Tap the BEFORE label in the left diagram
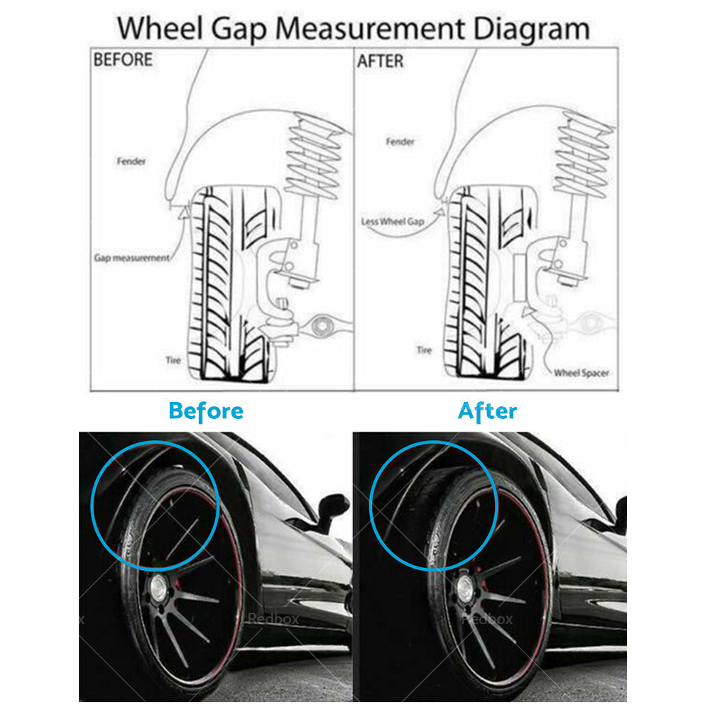pyautogui.click(x=123, y=60)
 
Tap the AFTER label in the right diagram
pyautogui.click(x=380, y=62)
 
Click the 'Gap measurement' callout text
pyautogui.click(x=132, y=258)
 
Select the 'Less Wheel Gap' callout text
pyautogui.click(x=393, y=222)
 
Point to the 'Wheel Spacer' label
pyautogui.click(x=581, y=372)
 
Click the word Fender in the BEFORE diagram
pyautogui.click(x=131, y=161)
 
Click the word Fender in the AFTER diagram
pyautogui.click(x=400, y=142)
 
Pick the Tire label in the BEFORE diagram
pyautogui.click(x=173, y=360)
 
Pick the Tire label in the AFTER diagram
pyautogui.click(x=424, y=350)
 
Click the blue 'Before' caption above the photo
pyautogui.click(x=206, y=411)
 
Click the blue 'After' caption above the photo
pyautogui.click(x=487, y=411)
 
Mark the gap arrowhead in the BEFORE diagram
pyautogui.click(x=183, y=212)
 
